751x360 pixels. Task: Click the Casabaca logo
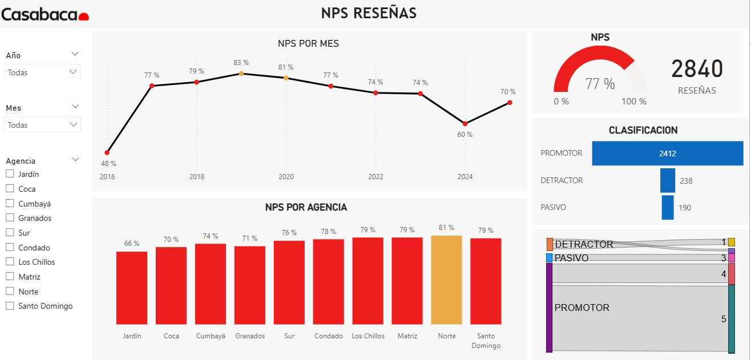[x=45, y=14]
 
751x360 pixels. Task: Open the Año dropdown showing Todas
[x=42, y=72]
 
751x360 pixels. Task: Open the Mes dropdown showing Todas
[x=42, y=125]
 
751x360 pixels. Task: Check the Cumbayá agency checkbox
[x=10, y=203]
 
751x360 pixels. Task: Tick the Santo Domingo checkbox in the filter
[x=10, y=306]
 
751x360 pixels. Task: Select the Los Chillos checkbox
[x=10, y=261]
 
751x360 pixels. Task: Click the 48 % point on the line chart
[x=107, y=152]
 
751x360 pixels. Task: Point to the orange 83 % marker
[x=241, y=74]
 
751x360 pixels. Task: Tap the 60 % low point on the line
[x=465, y=124]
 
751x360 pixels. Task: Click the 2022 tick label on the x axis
[x=375, y=177]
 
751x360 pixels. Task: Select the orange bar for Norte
[x=447, y=280]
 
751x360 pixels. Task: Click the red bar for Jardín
[x=132, y=288]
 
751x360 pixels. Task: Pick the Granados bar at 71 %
[x=250, y=285]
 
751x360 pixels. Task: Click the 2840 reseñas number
[x=697, y=68]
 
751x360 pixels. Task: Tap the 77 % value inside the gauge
[x=600, y=84]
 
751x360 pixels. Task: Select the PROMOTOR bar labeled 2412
[x=668, y=153]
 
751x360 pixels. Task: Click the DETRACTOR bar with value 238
[x=668, y=180]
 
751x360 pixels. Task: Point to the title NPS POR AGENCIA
[x=306, y=207]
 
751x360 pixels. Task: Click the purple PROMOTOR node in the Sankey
[x=549, y=308]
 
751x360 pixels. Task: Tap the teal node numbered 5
[x=732, y=319]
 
